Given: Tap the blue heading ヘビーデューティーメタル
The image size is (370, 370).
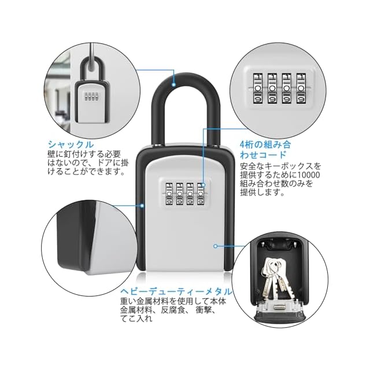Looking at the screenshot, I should [176, 292].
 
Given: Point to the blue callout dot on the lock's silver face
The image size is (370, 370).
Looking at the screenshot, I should [214, 245].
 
